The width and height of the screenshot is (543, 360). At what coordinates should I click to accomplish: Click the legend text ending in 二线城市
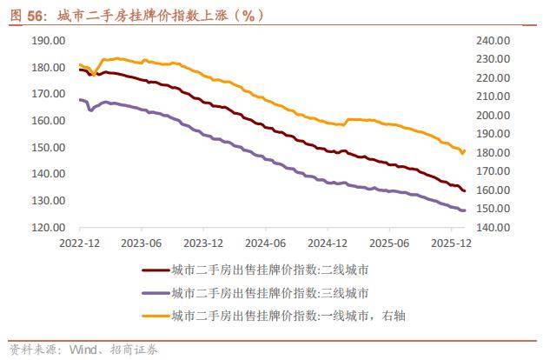pyautogui.click(x=270, y=270)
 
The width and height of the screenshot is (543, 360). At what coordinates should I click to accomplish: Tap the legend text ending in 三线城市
pyautogui.click(x=270, y=293)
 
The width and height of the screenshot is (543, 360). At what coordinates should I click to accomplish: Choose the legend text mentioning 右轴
pyautogui.click(x=288, y=315)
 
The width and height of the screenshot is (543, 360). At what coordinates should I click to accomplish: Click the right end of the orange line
pyautogui.click(x=464, y=151)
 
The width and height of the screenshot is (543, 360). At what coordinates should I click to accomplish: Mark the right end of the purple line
pyautogui.click(x=464, y=210)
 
